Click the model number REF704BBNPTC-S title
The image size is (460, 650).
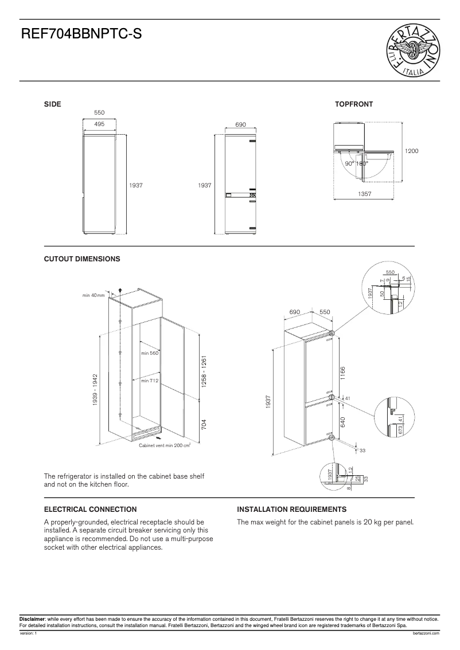coord(81,36)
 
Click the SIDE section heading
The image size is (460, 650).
coord(53,104)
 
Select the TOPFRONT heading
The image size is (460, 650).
coord(354,104)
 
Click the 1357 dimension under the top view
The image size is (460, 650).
coord(364,194)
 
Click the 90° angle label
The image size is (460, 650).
coord(349,164)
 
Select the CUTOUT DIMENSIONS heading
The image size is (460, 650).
coord(82,259)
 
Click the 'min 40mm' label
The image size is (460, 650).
coord(93,295)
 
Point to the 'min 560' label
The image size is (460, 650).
coord(149,353)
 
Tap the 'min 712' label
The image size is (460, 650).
coord(149,381)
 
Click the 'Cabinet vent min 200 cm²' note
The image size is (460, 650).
coord(165,445)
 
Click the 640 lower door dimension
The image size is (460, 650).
coord(342,422)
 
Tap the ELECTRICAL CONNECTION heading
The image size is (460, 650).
coord(91,509)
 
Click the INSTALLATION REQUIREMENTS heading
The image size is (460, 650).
coord(291,509)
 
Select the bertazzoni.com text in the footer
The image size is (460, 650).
coord(425,633)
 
